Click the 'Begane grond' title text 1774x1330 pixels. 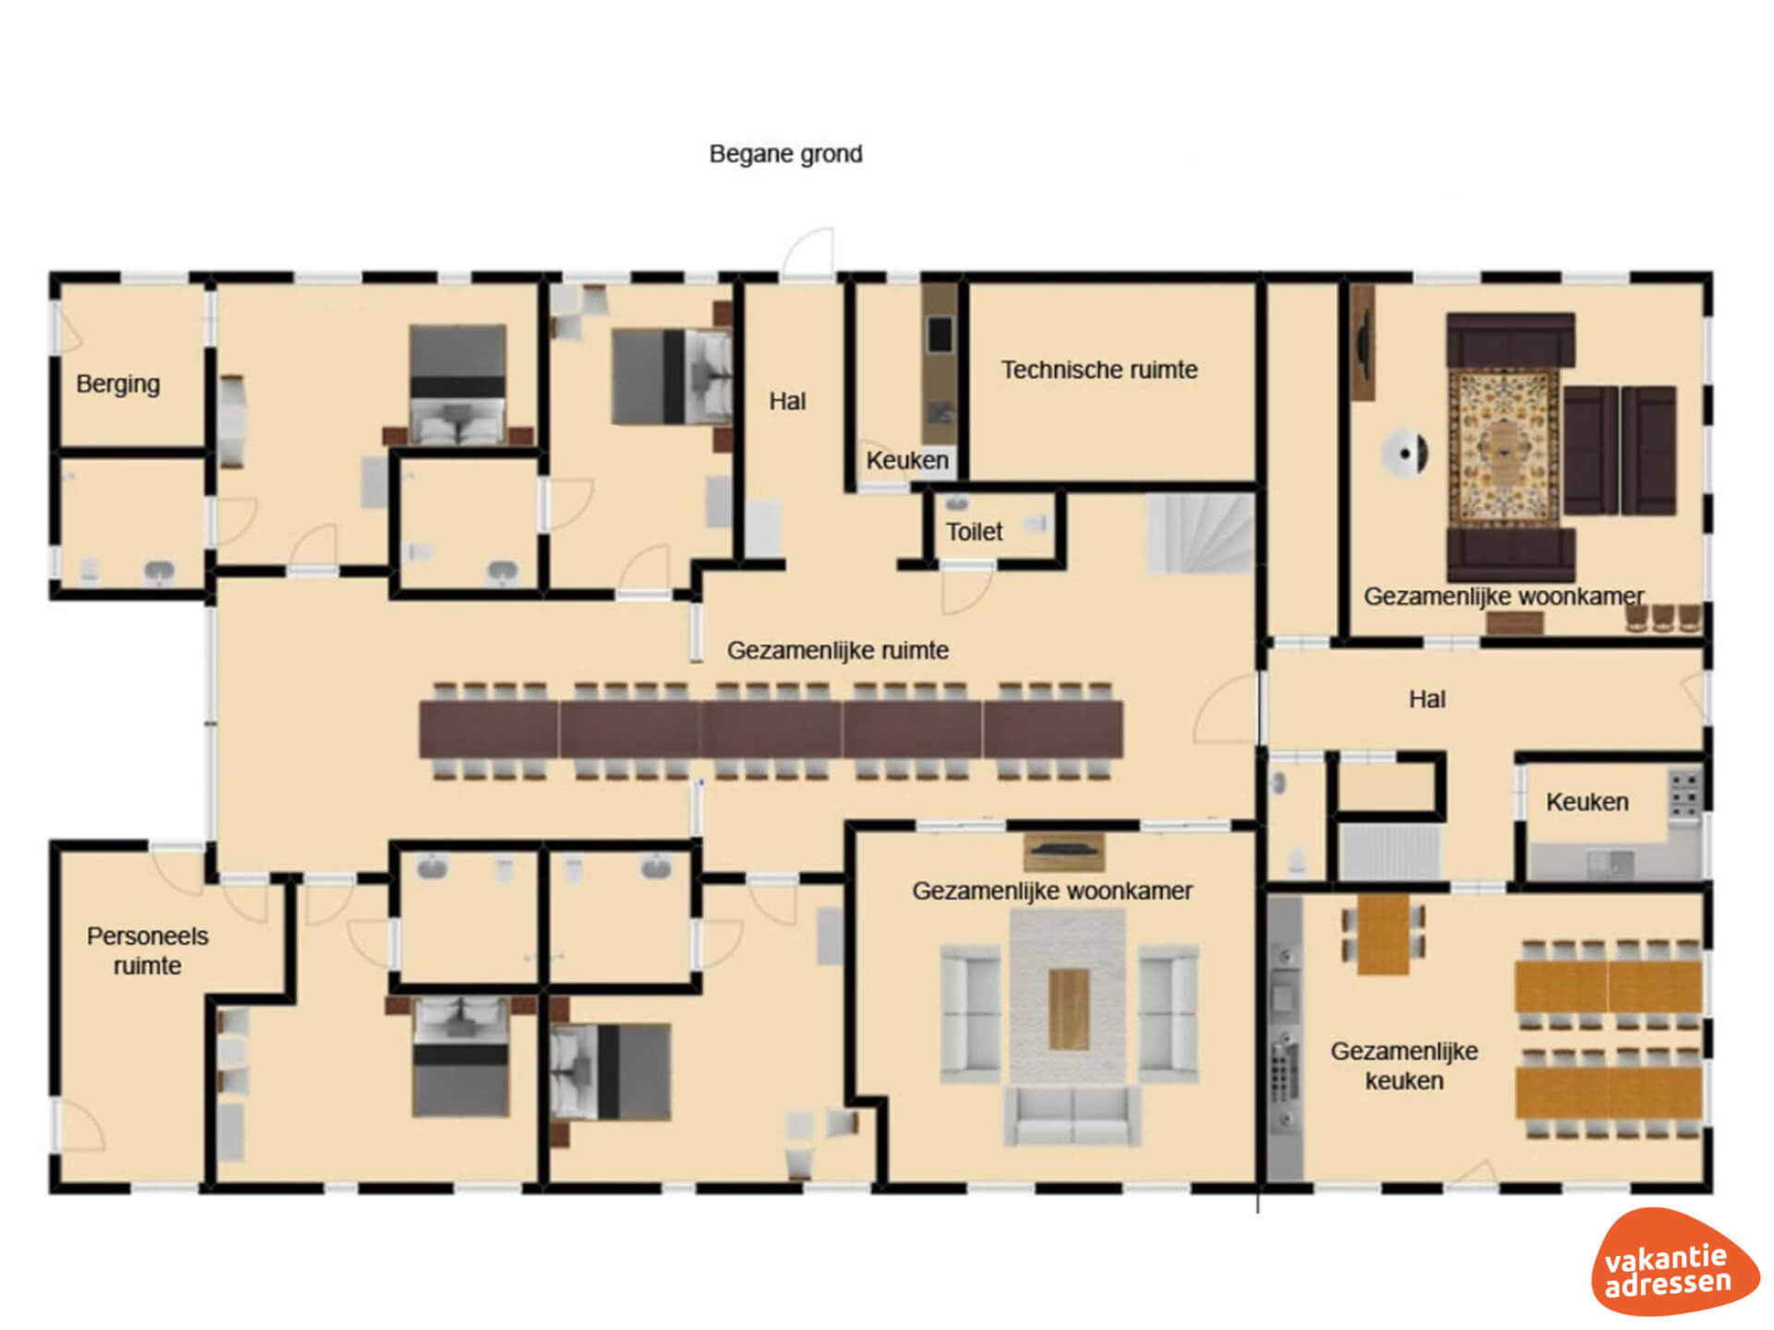[x=785, y=154]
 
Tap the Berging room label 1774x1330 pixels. [x=118, y=384]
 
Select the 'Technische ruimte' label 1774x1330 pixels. [x=1100, y=370]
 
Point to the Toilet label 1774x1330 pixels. [x=974, y=532]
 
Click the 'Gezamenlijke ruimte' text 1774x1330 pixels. [x=838, y=650]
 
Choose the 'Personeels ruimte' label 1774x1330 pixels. [x=148, y=950]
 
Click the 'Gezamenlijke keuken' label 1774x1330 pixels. [x=1404, y=1066]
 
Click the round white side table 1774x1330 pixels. [x=1405, y=453]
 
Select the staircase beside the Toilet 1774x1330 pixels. [x=1200, y=533]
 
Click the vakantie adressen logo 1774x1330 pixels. [x=1673, y=1263]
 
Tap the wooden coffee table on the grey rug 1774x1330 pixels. [x=1069, y=1009]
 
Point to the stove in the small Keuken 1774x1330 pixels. [x=1685, y=795]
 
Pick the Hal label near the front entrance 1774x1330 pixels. [x=787, y=402]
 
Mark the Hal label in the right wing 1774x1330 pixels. [x=1427, y=699]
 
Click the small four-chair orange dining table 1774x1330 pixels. [x=1383, y=933]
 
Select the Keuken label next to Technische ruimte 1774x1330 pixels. [x=907, y=460]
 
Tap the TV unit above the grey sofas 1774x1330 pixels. [x=1064, y=852]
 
